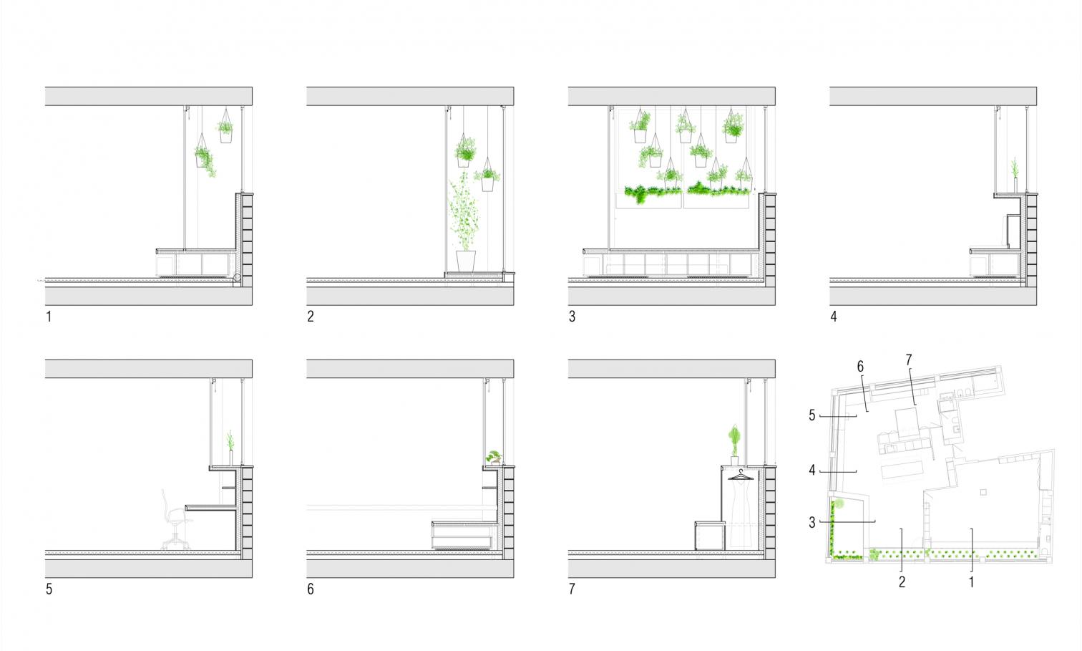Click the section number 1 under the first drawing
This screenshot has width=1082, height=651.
(49, 317)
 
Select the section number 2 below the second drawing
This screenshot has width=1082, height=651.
(311, 317)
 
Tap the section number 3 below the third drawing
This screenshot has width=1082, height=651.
(572, 317)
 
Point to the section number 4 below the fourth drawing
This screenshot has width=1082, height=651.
(834, 317)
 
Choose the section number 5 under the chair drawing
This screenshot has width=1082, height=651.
(49, 589)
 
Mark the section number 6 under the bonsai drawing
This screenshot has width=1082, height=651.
(311, 589)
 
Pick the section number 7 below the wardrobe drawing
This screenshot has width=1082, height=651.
(572, 589)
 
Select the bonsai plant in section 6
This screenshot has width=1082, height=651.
(494, 458)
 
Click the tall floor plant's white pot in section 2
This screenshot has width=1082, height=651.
(466, 261)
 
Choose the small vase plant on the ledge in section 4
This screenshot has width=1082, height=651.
(1015, 176)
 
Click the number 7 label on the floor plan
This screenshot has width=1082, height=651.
(909, 360)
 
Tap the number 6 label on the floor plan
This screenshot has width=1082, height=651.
(861, 367)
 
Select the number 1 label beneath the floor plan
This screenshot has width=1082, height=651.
(971, 582)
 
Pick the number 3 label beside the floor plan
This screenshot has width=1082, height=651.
(812, 523)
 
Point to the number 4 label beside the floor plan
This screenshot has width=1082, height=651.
(812, 471)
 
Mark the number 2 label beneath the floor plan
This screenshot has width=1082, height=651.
(902, 582)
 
